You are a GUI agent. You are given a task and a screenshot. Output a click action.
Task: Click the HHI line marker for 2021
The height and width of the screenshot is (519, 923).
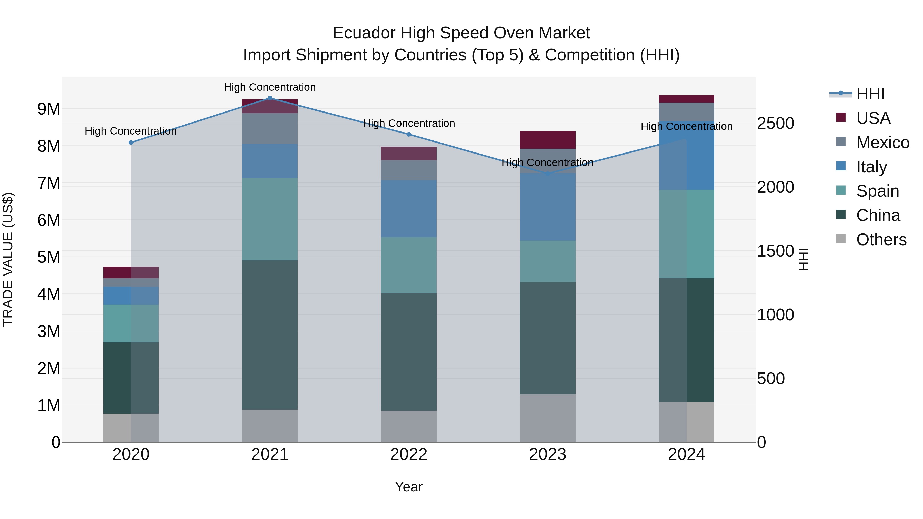point(270,98)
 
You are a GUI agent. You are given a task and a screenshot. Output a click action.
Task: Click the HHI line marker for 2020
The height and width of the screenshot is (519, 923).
point(131,143)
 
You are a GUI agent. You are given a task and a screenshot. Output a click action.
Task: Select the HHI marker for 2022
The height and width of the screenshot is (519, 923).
point(409,134)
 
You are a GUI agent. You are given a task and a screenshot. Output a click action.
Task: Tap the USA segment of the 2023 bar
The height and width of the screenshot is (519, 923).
point(547,140)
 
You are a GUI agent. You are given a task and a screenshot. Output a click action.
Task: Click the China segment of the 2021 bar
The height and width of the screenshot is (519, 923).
point(270,335)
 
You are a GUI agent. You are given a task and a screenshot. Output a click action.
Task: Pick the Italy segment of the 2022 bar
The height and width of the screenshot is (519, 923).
point(409,209)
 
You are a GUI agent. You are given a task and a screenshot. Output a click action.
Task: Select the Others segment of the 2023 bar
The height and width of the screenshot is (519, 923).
point(547,418)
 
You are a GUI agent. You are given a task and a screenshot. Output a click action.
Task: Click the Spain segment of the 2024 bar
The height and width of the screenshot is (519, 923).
point(687,234)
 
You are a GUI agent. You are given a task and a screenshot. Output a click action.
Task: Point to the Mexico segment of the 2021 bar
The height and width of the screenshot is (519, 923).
point(270,129)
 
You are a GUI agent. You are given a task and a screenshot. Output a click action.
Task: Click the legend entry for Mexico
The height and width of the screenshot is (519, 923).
point(882,143)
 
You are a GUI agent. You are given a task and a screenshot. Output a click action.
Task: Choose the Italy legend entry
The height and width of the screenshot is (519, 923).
point(871,167)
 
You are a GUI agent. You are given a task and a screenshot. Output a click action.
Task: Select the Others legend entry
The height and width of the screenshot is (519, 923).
point(881,240)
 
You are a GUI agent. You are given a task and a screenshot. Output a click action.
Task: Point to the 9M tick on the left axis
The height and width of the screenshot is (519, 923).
point(49,109)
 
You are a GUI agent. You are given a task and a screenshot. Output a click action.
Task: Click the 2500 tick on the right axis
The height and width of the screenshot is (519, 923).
point(775,123)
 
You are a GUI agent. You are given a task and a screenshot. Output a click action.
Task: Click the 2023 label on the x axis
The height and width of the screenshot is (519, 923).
point(547,454)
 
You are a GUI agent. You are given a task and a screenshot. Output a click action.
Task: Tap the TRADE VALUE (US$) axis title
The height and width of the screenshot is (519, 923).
point(8,259)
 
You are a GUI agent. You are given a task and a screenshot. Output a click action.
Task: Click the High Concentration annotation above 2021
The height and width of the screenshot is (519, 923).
point(270,87)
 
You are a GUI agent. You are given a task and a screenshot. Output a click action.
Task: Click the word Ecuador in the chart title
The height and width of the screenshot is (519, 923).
point(364,33)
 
